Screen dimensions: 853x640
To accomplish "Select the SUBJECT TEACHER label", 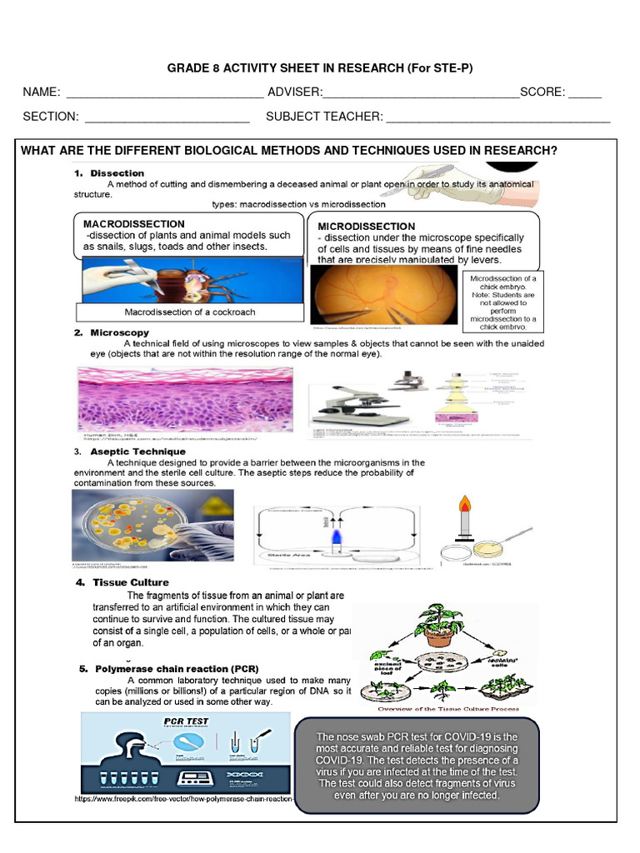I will [x=324, y=117].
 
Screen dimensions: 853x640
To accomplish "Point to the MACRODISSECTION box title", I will [x=134, y=224].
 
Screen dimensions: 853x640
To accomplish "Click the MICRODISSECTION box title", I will [x=366, y=227].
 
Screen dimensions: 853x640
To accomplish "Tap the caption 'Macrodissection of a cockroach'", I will [x=190, y=312].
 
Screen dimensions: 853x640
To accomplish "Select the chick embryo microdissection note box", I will [x=502, y=301].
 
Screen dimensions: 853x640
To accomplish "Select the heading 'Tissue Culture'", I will [x=131, y=582].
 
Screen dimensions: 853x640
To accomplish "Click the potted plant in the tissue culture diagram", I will [x=438, y=625].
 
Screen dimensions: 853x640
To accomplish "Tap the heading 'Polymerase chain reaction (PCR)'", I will [x=177, y=669].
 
